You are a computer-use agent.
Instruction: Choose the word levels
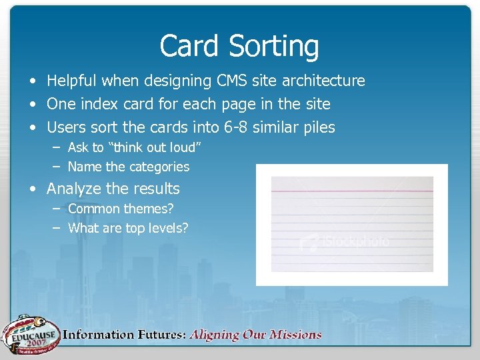[x=167, y=228]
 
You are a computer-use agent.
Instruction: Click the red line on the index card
[x=352, y=192]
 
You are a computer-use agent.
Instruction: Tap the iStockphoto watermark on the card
[x=344, y=241]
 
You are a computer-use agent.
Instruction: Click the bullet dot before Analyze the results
[x=33, y=189]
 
